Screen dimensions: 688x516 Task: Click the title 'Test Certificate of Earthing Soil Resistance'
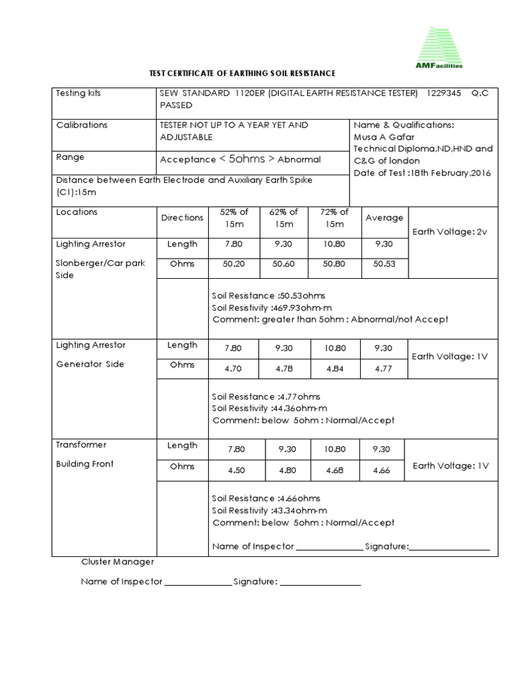pyautogui.click(x=241, y=73)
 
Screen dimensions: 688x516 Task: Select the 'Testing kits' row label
pyautogui.click(x=79, y=93)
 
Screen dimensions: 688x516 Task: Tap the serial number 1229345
pyautogui.click(x=443, y=93)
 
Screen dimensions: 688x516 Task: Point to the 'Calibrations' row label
pyautogui.click(x=81, y=125)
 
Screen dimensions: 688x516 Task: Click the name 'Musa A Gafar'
pyautogui.click(x=384, y=137)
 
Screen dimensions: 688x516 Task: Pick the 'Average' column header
pyautogui.click(x=384, y=218)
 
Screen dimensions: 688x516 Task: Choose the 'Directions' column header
pyautogui.click(x=182, y=218)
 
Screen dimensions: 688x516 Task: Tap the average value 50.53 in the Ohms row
pyautogui.click(x=384, y=264)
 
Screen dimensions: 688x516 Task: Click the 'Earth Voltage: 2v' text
pyautogui.click(x=449, y=232)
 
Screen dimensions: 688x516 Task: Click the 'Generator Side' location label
pyautogui.click(x=90, y=364)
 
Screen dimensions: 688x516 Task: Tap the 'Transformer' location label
pyautogui.click(x=81, y=445)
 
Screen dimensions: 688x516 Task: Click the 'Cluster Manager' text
pyautogui.click(x=118, y=562)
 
